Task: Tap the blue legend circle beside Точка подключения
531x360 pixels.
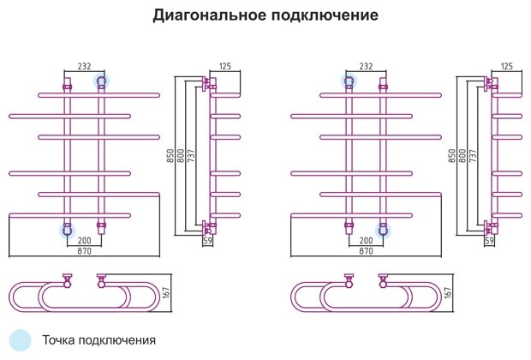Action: coord(21,339)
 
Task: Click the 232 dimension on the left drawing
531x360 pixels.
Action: coord(85,66)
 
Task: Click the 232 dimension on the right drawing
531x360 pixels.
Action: coord(366,66)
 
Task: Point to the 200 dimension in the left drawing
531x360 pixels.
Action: coord(85,242)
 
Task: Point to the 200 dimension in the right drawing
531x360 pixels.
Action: coord(366,242)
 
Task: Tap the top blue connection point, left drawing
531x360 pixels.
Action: coord(101,81)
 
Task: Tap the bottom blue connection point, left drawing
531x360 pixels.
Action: coord(67,230)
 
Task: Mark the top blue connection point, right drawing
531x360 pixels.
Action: coord(349,81)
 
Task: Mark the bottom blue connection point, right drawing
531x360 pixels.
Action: coord(384,230)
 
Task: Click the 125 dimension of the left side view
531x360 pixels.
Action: coord(225,66)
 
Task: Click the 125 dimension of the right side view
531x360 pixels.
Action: coord(506,66)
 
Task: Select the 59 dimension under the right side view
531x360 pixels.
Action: coord(490,242)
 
